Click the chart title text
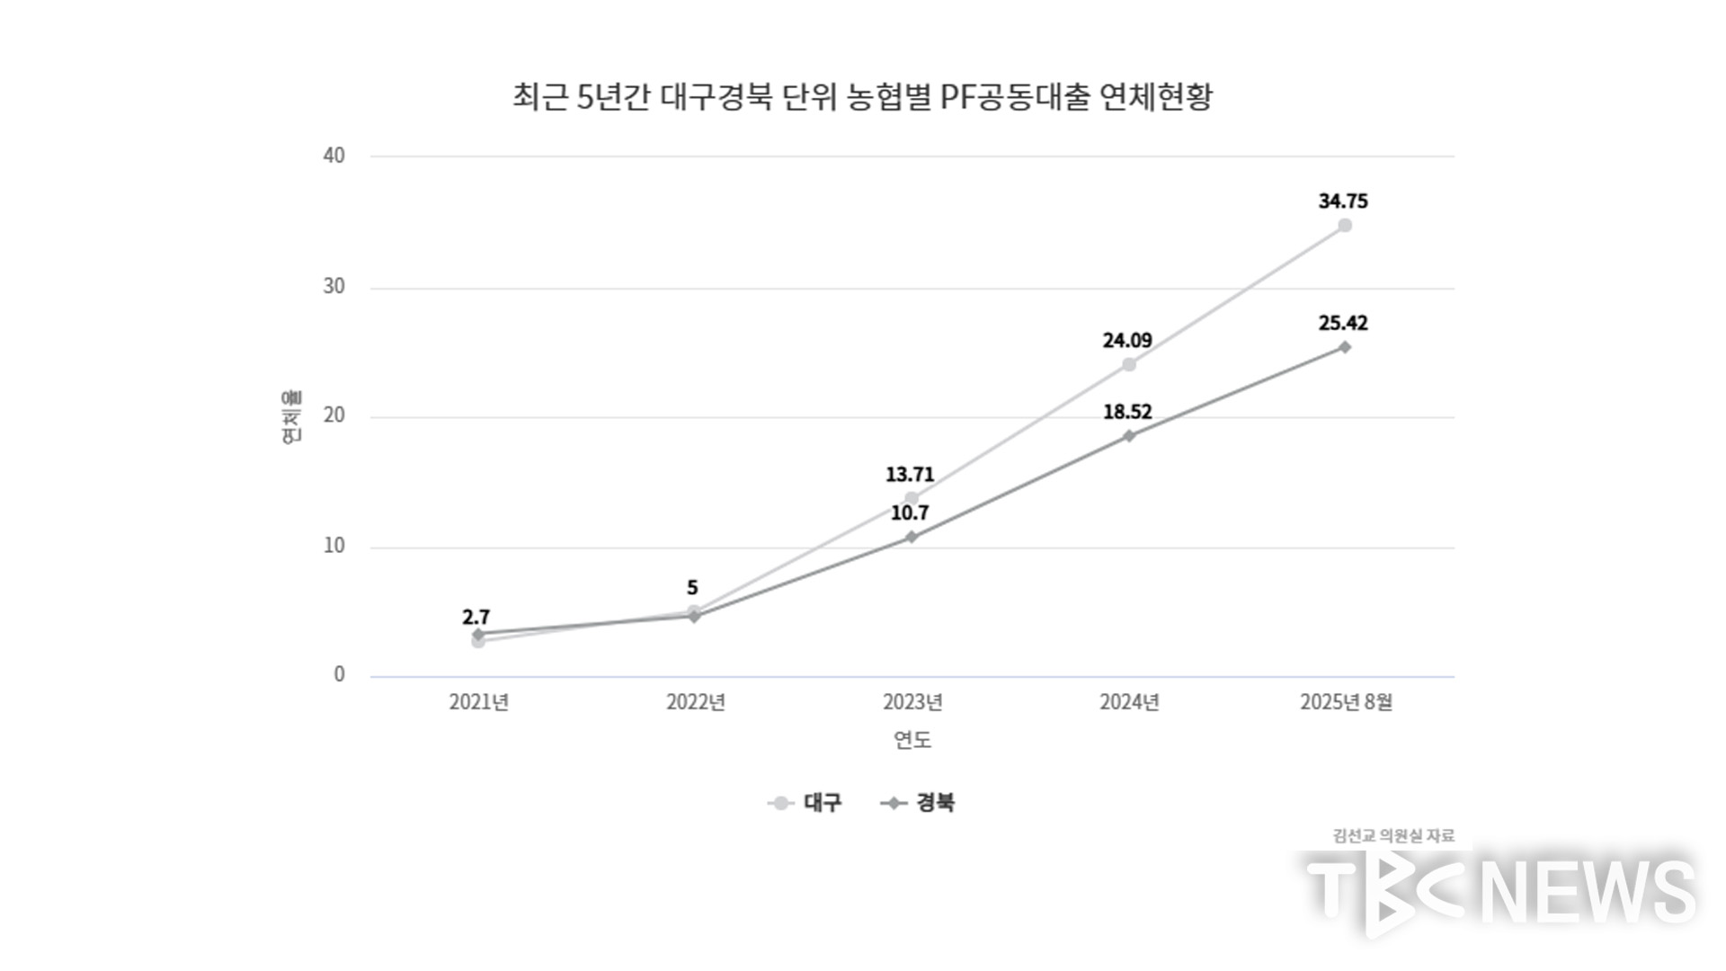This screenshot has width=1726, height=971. [862, 97]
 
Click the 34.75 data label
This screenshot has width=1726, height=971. [1343, 201]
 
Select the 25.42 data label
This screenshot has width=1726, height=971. [1343, 323]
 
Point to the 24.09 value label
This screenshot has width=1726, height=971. [1127, 341]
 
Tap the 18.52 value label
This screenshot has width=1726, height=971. [1127, 412]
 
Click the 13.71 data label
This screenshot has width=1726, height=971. [910, 474]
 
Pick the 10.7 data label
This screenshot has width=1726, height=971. [910, 513]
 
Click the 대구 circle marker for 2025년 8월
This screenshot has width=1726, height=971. [1345, 226]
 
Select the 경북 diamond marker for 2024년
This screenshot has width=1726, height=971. [1129, 436]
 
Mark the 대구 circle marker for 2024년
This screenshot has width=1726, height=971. [1129, 364]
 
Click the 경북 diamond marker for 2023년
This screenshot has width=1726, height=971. [912, 537]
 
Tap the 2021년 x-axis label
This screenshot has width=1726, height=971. [478, 702]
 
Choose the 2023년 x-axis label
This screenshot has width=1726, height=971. [912, 702]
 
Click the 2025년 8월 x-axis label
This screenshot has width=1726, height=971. [1346, 702]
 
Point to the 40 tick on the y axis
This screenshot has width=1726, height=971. [334, 156]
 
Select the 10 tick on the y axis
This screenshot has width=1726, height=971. [334, 546]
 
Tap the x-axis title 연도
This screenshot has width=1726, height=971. [912, 740]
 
